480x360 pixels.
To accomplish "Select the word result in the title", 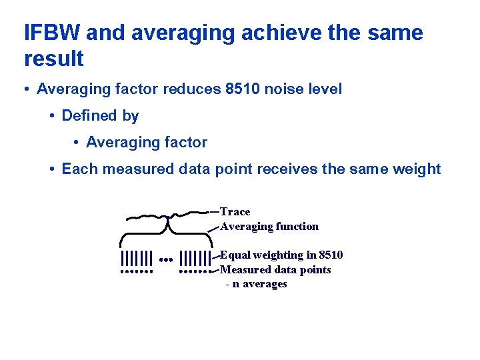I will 54,59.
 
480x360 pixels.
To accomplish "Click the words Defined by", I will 100,115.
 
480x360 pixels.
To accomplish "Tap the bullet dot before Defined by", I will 52,116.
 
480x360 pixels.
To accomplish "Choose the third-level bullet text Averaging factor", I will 147,142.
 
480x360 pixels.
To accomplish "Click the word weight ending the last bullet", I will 417,169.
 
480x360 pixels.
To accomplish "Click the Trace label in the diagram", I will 235,212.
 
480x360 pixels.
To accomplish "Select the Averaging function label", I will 269,227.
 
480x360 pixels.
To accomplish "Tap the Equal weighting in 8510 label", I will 281,255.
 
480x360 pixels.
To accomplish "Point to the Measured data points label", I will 275,270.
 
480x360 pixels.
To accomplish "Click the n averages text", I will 257,284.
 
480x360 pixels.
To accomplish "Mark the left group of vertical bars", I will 137,258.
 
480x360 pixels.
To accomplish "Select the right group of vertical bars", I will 195,258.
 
